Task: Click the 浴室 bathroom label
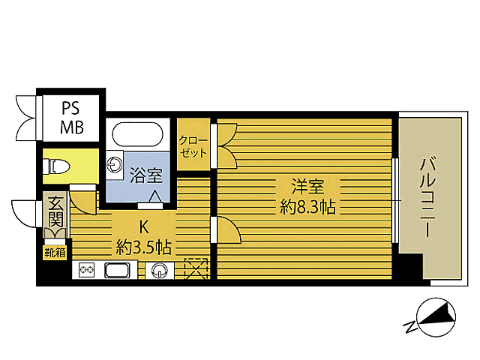coord(146,177)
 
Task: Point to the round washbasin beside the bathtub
coord(116,165)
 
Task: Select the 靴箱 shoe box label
coord(53,252)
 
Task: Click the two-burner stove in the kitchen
coord(85,271)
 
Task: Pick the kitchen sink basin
coord(118,271)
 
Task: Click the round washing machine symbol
coord(159,271)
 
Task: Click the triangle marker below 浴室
coord(156,197)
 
